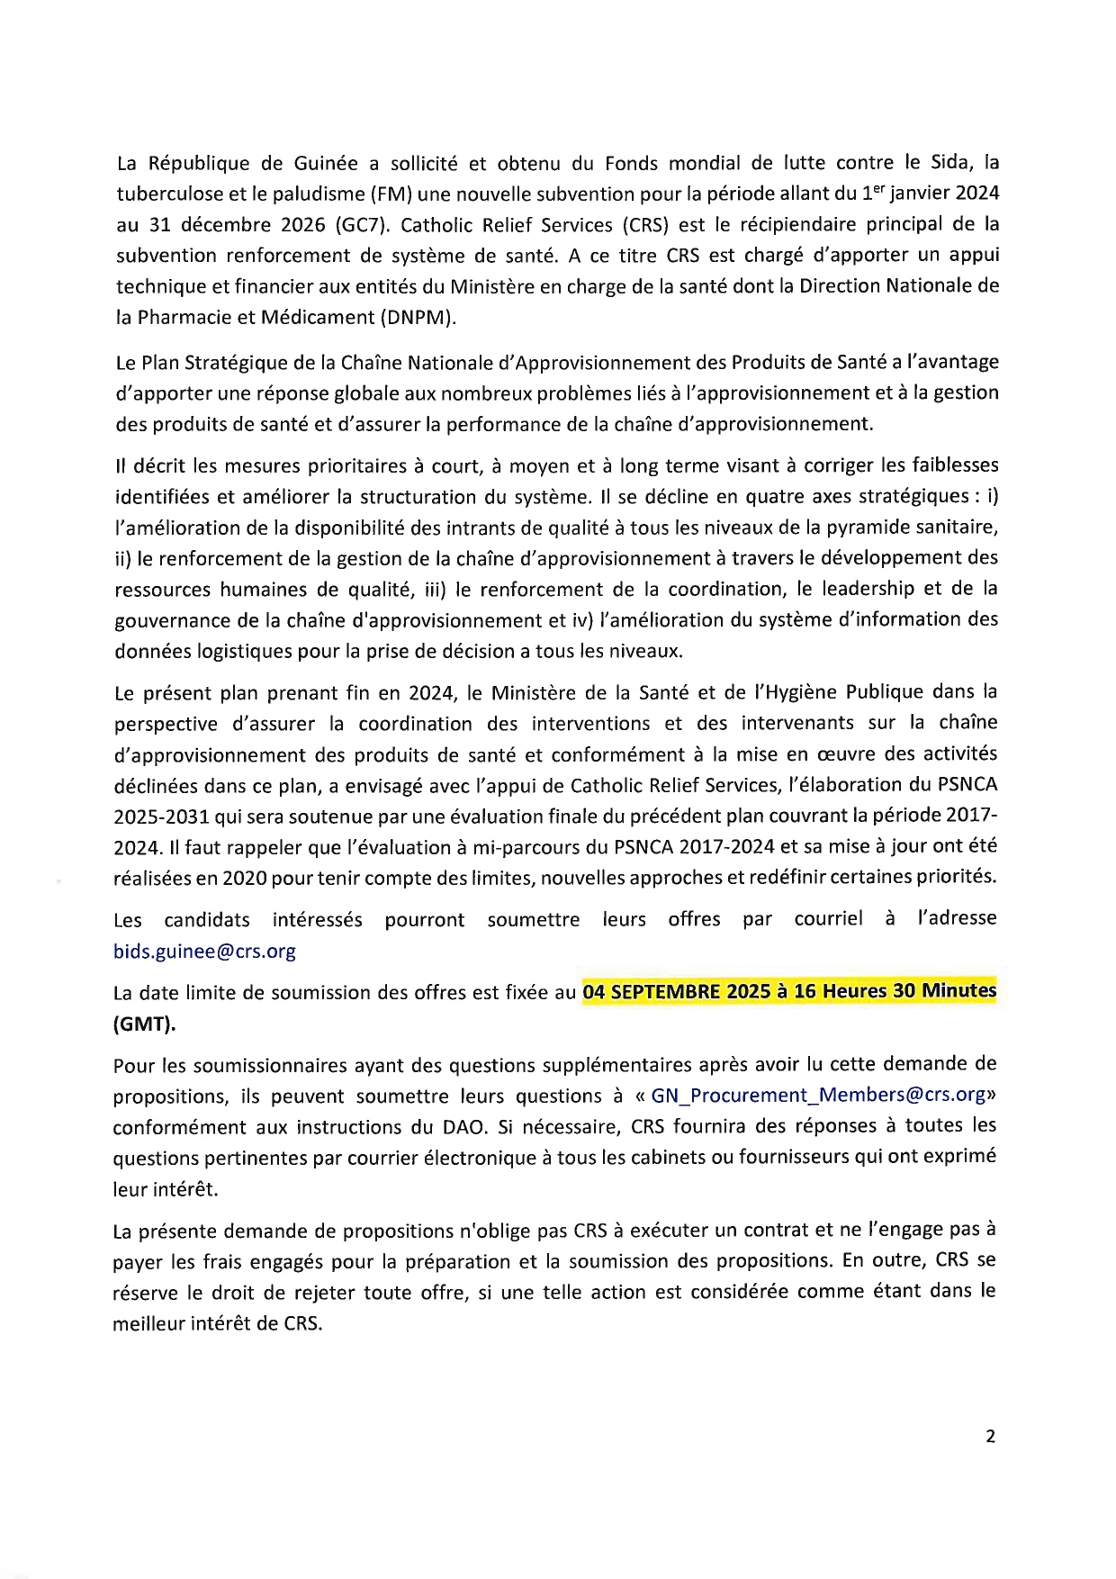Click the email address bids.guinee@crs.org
click(x=204, y=951)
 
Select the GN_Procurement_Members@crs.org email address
click(x=818, y=1095)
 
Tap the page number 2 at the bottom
click(x=990, y=1436)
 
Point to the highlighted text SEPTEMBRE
click(x=665, y=991)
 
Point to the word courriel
click(x=828, y=918)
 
